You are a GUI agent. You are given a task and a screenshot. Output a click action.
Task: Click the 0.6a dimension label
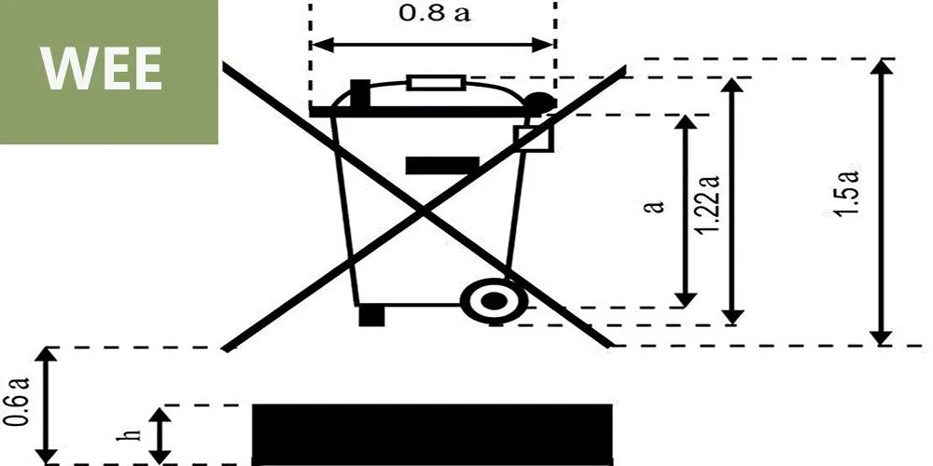(x=17, y=402)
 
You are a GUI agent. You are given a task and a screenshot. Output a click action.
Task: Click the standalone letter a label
(x=656, y=205)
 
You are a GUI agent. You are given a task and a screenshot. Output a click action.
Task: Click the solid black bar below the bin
(x=432, y=433)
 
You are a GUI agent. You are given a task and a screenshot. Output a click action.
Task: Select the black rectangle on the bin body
(x=442, y=166)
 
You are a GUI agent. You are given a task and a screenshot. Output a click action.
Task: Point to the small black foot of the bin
(x=371, y=316)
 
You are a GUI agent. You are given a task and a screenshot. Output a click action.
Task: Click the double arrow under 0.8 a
(x=433, y=44)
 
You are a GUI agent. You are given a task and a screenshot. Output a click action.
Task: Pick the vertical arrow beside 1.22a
(x=734, y=201)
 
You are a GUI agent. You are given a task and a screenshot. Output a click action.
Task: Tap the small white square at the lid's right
(x=534, y=138)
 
